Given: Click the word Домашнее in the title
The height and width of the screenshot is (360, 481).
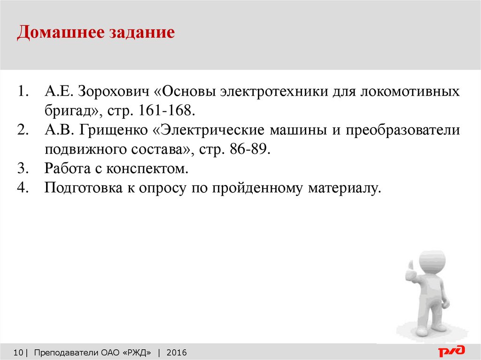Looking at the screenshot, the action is pyautogui.click(x=60, y=32).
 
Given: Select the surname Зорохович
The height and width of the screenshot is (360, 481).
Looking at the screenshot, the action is pyautogui.click(x=113, y=91).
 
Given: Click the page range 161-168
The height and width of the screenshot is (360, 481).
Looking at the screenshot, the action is pyautogui.click(x=167, y=110).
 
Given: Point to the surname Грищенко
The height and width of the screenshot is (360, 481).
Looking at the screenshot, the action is pyautogui.click(x=114, y=130).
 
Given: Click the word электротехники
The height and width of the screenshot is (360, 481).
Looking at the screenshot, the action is pyautogui.click(x=274, y=92).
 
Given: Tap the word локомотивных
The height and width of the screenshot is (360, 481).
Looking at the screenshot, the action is pyautogui.click(x=410, y=92).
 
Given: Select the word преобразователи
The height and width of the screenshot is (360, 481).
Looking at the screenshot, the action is pyautogui.click(x=403, y=130).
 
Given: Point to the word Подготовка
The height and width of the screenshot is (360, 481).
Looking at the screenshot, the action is pyautogui.click(x=83, y=188).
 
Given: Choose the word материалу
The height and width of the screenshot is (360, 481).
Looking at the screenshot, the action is pyautogui.click(x=344, y=188).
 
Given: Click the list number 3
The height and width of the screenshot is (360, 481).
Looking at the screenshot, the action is pyautogui.click(x=23, y=169).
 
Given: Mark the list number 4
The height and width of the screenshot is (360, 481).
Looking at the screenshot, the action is pyautogui.click(x=23, y=188).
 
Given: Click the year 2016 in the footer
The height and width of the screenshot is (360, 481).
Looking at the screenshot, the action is pyautogui.click(x=177, y=352).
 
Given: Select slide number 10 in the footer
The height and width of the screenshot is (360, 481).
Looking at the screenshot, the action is pyautogui.click(x=18, y=352).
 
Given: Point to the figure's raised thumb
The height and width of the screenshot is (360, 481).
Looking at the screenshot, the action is pyautogui.click(x=411, y=266).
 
